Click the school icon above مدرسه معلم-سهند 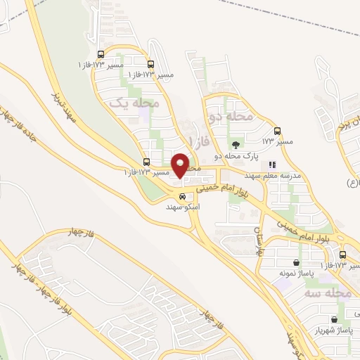[x=271, y=165]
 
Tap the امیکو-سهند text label [x=184, y=207]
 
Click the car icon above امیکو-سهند [x=183, y=196]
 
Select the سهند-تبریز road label [x=68, y=105]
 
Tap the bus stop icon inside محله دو [x=277, y=131]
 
